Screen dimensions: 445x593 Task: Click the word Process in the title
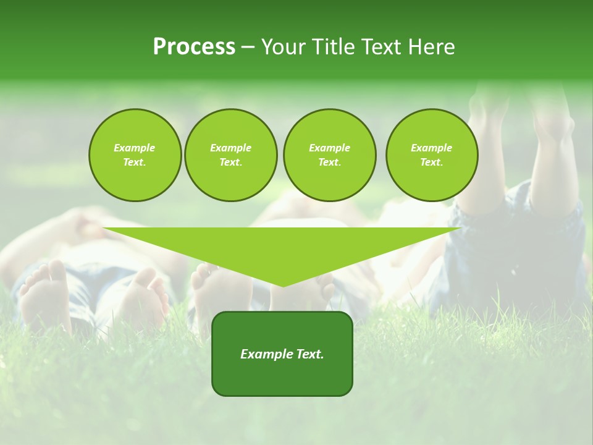point(194,47)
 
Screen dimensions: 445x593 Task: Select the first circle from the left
point(135,155)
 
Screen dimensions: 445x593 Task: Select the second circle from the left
point(231,155)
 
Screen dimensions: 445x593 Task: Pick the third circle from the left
point(329,155)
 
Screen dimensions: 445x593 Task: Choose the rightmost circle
point(432,155)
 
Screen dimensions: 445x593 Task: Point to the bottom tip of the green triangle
point(283,286)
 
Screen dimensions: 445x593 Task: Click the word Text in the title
point(378,47)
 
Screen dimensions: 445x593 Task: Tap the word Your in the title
point(283,47)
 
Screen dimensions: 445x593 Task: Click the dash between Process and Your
point(248,48)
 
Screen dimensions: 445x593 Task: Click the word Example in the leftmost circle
point(135,148)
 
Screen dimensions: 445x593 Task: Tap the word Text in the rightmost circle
point(431,162)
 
